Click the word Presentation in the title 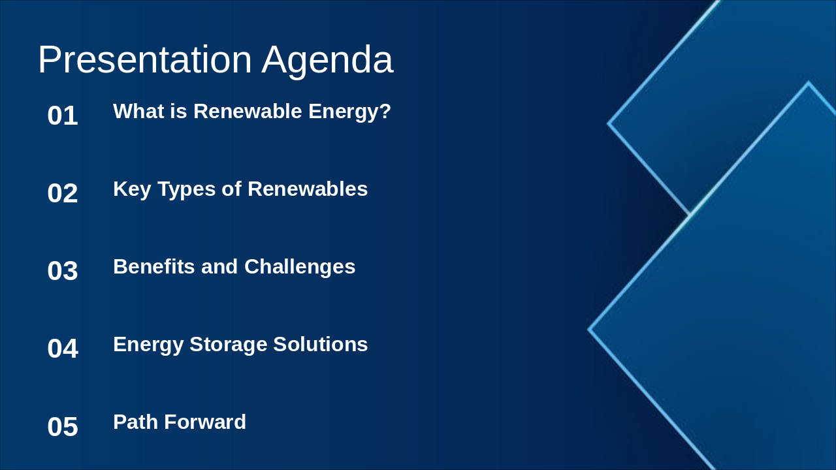145,60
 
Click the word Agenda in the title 327,60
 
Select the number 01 63,116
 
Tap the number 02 63,193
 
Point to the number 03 63,271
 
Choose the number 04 63,349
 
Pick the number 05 63,427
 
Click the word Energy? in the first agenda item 349,112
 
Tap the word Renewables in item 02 308,189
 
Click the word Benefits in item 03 154,267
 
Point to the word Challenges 300,267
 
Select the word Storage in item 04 228,345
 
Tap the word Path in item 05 135,422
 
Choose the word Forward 205,422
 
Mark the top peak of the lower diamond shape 808,84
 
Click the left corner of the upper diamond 609,123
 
